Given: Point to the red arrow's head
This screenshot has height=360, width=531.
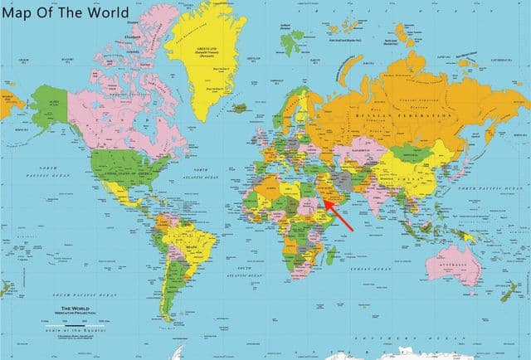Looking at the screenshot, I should pos(324,199).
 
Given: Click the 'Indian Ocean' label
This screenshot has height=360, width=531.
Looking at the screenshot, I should pos(368,269).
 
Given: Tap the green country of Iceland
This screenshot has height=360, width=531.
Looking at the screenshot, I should pos(240,107).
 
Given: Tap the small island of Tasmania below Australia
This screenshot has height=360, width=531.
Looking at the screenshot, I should pos(470,301).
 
